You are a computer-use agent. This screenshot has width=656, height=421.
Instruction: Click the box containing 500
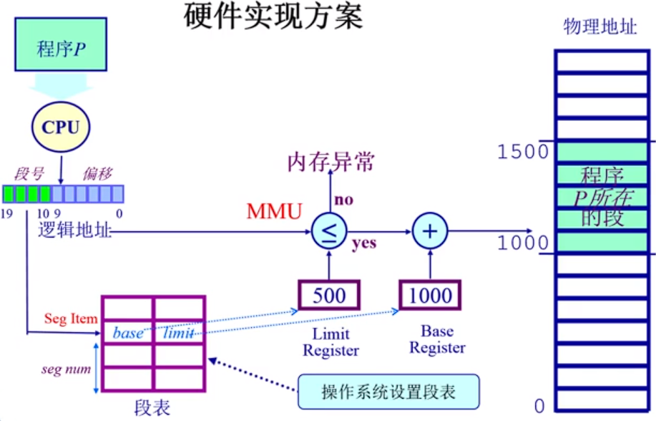click(329, 295)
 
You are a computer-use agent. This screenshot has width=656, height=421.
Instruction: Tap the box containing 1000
click(430, 295)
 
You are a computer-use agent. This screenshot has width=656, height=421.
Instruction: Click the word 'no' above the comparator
click(344, 200)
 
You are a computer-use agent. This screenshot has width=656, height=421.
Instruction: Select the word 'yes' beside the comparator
click(364, 243)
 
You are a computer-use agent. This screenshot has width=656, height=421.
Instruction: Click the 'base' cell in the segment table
click(128, 333)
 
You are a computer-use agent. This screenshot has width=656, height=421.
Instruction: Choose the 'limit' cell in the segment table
click(179, 333)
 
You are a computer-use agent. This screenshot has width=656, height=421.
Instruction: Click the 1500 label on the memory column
click(523, 151)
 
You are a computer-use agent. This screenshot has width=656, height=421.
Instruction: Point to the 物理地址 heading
click(600, 26)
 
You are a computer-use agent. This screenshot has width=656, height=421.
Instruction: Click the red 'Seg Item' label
click(71, 319)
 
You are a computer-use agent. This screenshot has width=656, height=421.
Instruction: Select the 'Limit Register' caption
click(331, 342)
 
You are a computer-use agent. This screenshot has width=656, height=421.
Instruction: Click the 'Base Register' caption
click(437, 340)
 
